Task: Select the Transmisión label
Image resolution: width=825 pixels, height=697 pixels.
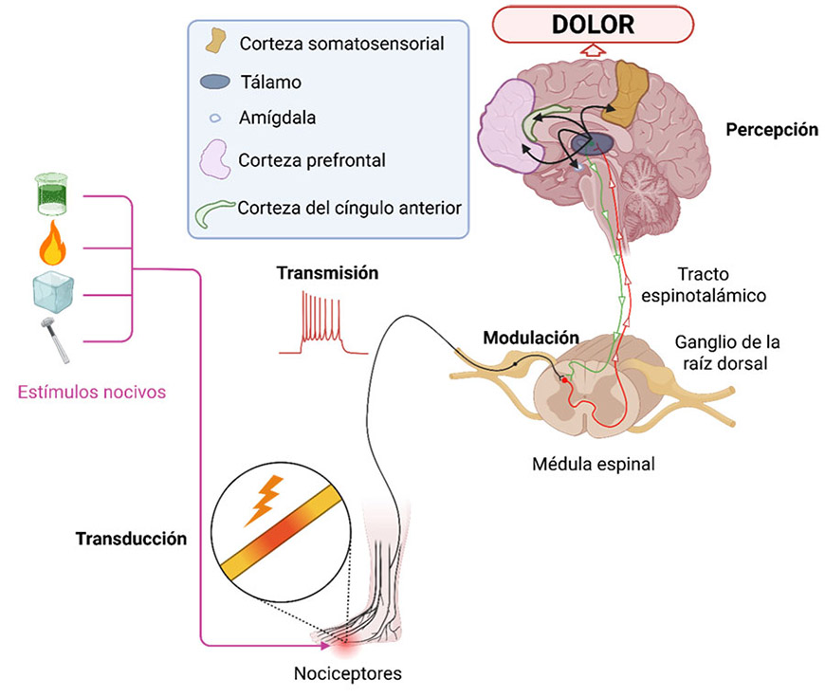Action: (x=327, y=273)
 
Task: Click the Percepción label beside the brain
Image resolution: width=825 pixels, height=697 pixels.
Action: (x=771, y=129)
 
